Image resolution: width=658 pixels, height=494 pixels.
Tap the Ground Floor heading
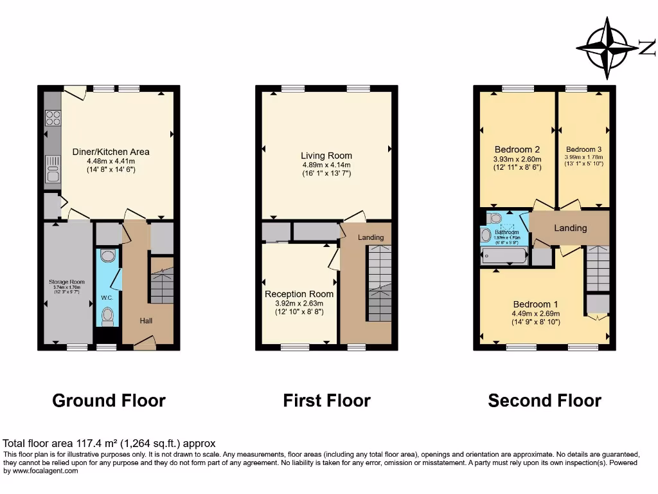pyautogui.click(x=109, y=401)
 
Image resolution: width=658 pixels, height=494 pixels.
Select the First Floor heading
pyautogui.click(x=326, y=401)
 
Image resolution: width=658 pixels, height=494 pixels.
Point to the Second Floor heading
pyautogui.click(x=544, y=401)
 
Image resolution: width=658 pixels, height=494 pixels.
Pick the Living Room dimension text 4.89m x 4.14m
pyautogui.click(x=326, y=165)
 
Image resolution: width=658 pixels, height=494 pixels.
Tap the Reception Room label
pyautogui.click(x=299, y=294)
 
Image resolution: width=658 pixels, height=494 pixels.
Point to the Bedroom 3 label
pyautogui.click(x=583, y=149)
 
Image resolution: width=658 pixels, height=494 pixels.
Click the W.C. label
pyautogui.click(x=107, y=297)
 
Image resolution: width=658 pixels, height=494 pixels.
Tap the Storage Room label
pyautogui.click(x=67, y=282)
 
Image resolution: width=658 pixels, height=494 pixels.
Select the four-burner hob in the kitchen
pyautogui.click(x=52, y=118)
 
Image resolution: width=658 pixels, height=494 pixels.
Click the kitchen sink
pyautogui.click(x=52, y=171)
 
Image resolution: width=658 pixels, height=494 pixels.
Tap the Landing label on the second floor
pyautogui.click(x=570, y=228)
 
